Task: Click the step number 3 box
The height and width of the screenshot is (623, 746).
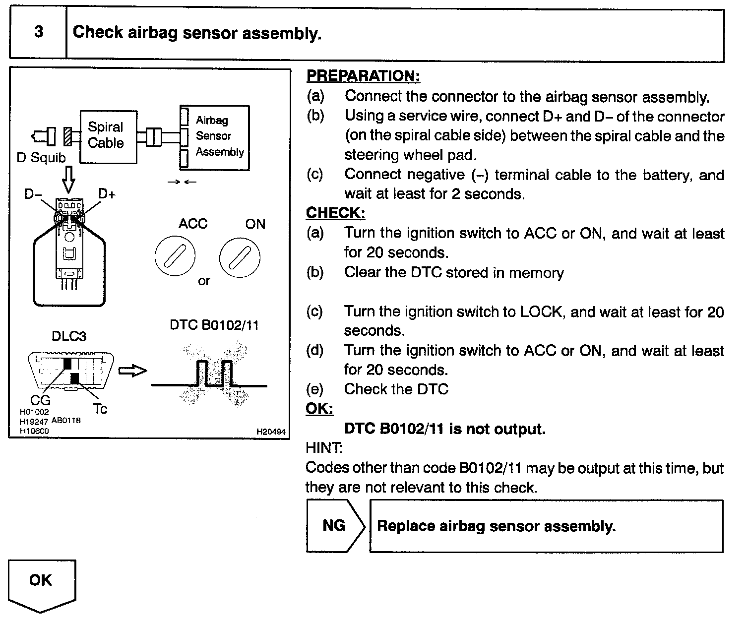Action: point(38,33)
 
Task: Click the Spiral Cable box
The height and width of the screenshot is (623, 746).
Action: point(108,137)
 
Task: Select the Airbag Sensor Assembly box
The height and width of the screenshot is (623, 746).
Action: point(214,137)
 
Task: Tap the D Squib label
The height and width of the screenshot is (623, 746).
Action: point(41,158)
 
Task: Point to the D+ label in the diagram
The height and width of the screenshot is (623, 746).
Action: point(107,194)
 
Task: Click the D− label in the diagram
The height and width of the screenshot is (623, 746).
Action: point(33,194)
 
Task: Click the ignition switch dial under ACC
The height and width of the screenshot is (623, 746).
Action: point(175,256)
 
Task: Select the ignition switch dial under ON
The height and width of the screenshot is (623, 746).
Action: point(240,256)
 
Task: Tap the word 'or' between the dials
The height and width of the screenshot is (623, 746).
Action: point(204,281)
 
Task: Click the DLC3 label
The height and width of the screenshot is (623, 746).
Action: point(69,336)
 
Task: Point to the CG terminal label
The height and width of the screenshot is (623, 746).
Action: point(40,399)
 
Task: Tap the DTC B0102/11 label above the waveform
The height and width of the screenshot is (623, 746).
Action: point(214,325)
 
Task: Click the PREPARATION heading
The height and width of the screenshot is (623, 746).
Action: point(363,76)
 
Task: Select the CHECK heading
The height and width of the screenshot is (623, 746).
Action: point(335,213)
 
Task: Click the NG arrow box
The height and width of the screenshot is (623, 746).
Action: point(335,526)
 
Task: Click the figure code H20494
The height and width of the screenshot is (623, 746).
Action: point(271,432)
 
